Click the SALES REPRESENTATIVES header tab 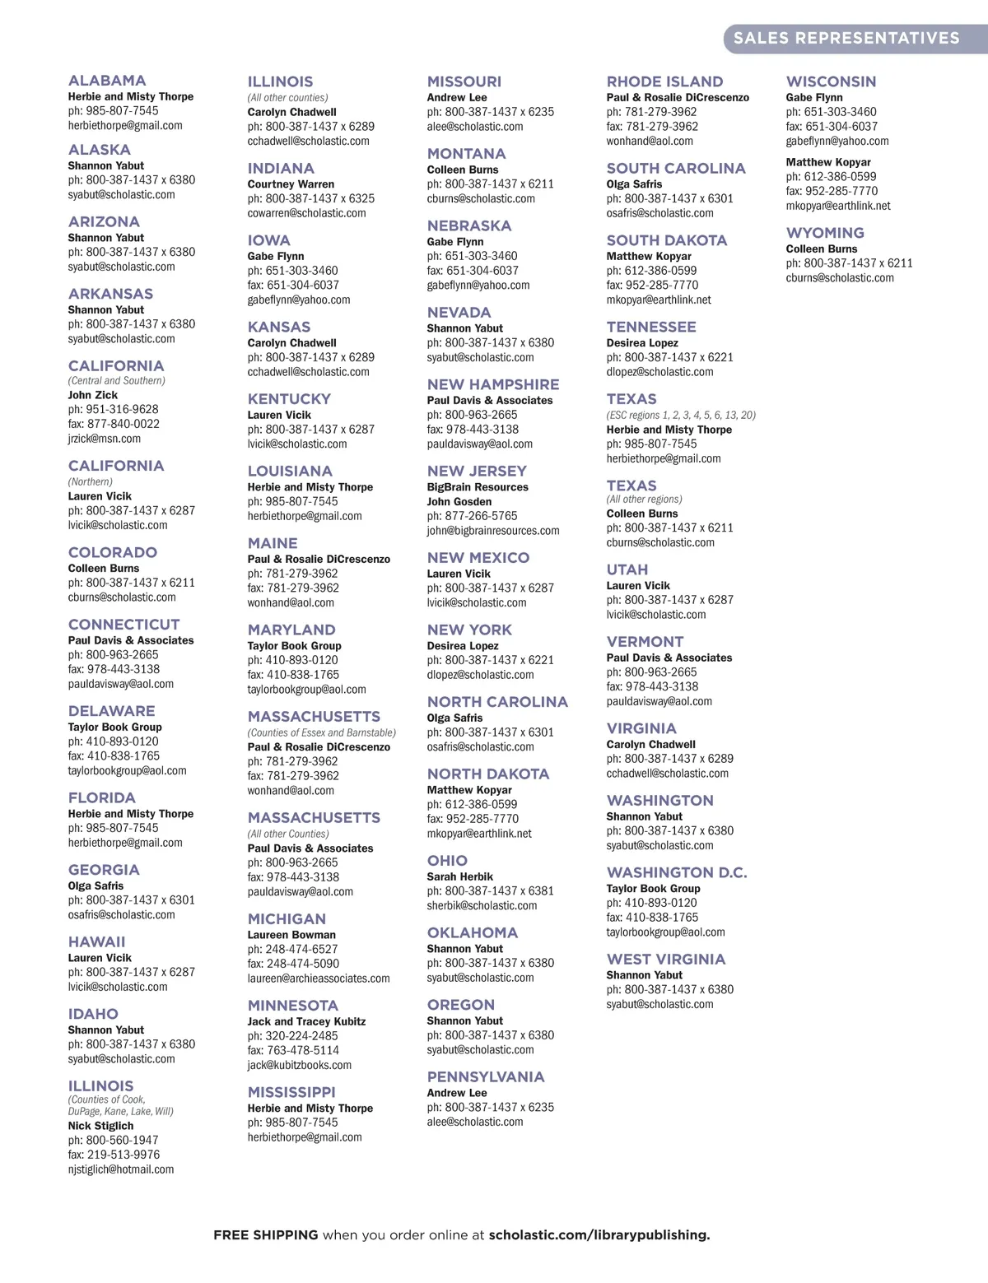(x=846, y=38)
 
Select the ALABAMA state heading (x=107, y=81)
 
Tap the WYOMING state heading (x=825, y=233)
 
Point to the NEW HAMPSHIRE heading (x=492, y=384)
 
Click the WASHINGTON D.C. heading (x=677, y=872)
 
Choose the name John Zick (x=93, y=395)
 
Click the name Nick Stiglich (x=100, y=1126)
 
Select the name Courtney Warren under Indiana (x=291, y=184)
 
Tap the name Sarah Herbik (x=460, y=876)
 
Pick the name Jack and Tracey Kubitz (x=306, y=1021)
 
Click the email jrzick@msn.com (x=105, y=439)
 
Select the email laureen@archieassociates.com (x=319, y=979)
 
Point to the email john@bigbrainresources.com (x=493, y=531)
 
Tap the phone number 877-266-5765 (x=481, y=516)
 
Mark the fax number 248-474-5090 (x=302, y=964)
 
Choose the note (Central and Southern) (x=116, y=381)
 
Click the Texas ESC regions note (x=681, y=416)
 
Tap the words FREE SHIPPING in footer (x=265, y=1235)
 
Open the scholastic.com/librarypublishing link (x=599, y=1235)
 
